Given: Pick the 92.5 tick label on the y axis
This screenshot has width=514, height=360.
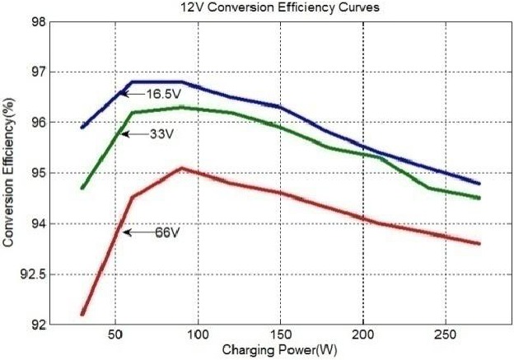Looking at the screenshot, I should pos(32,274).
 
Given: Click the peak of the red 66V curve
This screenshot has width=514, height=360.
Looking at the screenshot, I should pos(181,168).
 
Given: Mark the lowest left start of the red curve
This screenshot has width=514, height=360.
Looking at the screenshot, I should pos(82,314).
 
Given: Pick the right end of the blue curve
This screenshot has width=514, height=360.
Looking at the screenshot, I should pos(479,183).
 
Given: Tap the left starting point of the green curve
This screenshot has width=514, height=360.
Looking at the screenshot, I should pos(82,188).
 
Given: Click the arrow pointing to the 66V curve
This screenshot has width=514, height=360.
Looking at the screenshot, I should pos(137,233).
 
